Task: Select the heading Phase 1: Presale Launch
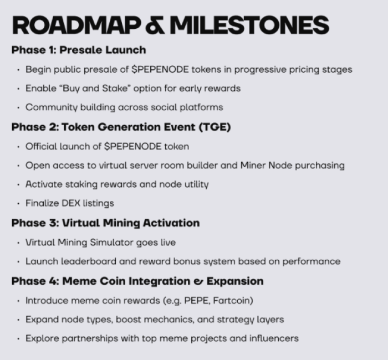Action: tap(79, 50)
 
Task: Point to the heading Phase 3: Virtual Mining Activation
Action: tap(105, 223)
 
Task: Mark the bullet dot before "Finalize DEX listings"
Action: tap(19, 203)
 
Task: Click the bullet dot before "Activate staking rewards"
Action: tap(19, 184)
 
